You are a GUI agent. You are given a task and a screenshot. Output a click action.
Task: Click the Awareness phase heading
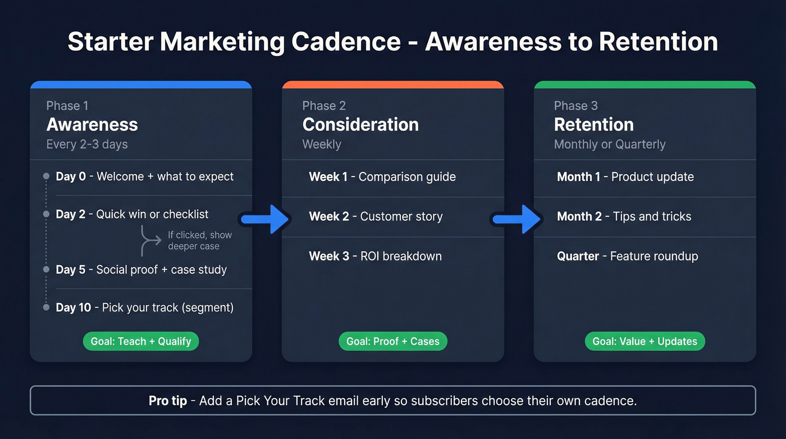tap(92, 125)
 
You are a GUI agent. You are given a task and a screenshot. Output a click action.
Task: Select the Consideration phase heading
tap(360, 125)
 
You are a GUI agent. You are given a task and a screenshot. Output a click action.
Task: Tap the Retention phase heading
tap(593, 125)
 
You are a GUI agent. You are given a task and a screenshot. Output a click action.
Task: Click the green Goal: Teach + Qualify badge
tap(141, 341)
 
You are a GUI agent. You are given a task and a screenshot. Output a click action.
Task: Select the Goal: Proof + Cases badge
tap(393, 341)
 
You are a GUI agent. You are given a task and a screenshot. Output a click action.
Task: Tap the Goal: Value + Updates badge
tap(645, 341)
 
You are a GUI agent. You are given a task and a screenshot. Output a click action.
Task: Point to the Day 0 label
tap(71, 176)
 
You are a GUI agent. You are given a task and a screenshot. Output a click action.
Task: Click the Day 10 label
tap(73, 307)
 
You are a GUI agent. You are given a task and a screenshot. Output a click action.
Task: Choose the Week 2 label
tap(328, 216)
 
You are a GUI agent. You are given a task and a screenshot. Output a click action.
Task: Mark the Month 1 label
tap(579, 176)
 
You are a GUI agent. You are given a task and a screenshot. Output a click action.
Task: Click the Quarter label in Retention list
tap(578, 256)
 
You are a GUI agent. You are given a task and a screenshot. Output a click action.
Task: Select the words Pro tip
tap(167, 401)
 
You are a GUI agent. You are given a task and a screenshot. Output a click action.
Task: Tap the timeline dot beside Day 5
tap(46, 270)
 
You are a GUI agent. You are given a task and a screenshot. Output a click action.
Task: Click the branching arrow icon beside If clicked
tap(151, 241)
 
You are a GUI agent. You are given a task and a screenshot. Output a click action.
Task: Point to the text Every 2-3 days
tap(87, 144)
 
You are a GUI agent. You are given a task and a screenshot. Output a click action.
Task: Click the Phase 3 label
tap(575, 106)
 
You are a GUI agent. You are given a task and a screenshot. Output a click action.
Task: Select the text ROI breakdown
tap(400, 256)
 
